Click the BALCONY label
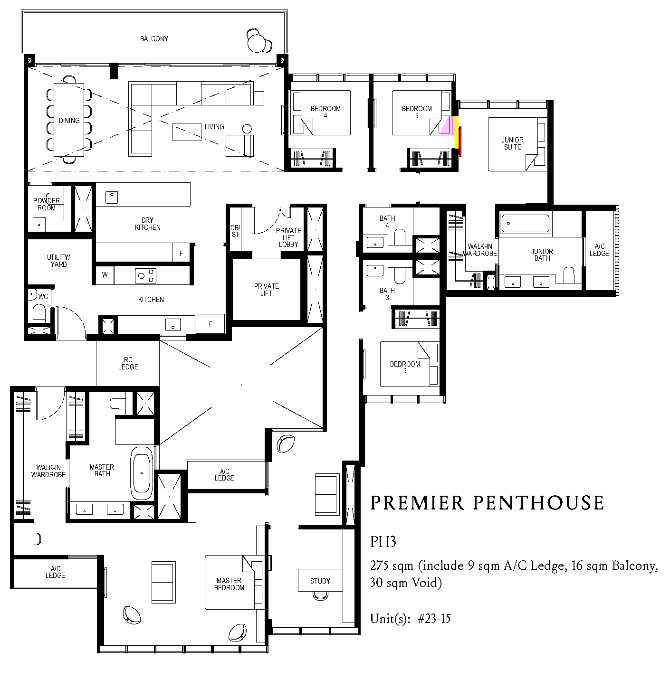pyautogui.click(x=154, y=39)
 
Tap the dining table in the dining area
pyautogui.click(x=69, y=120)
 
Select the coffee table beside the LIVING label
pyautogui.click(x=187, y=132)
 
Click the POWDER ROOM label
pyautogui.click(x=47, y=204)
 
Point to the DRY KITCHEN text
pyautogui.click(x=148, y=224)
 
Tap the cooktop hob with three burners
pyautogui.click(x=145, y=276)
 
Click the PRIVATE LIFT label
pyautogui.click(x=266, y=290)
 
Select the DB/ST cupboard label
pyautogui.click(x=235, y=231)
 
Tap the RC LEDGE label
pyautogui.click(x=128, y=363)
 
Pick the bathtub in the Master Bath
pyautogui.click(x=142, y=473)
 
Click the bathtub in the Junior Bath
pyautogui.click(x=526, y=223)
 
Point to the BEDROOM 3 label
pyautogui.click(x=405, y=367)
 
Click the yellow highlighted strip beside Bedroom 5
pyautogui.click(x=456, y=132)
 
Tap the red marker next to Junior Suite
pyautogui.click(x=460, y=141)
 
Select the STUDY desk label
pyautogui.click(x=320, y=581)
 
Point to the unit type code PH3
pyautogui.click(x=383, y=542)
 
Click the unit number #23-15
pyautogui.click(x=434, y=619)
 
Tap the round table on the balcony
pyautogui.click(x=257, y=43)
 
